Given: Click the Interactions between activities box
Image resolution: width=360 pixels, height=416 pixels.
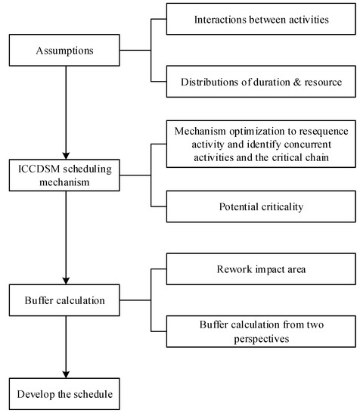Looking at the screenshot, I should pos(259,19).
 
